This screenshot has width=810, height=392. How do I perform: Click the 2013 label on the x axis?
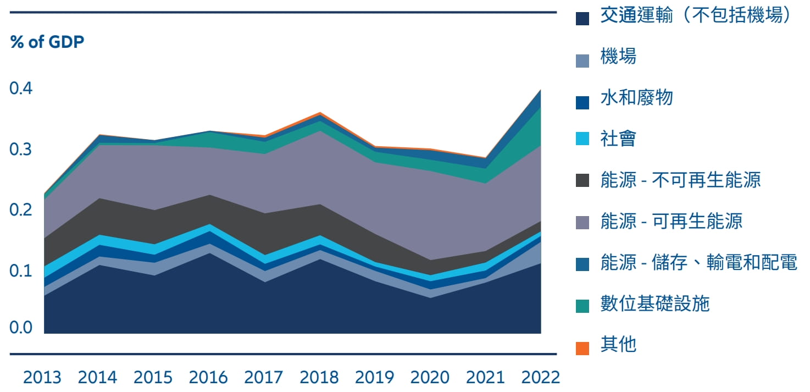[42, 378]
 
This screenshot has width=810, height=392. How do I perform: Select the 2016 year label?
[208, 378]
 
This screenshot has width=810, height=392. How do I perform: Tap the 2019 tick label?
[374, 378]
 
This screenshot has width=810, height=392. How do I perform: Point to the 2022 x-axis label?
[540, 378]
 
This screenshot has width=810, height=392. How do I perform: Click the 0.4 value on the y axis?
[21, 88]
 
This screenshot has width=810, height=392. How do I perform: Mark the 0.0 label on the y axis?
[21, 328]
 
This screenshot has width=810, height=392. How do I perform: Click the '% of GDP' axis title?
[47, 42]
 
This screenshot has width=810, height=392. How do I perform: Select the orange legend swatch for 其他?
[582, 348]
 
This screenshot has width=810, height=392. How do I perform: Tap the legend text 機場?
[618, 57]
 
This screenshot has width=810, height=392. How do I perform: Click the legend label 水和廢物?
[636, 98]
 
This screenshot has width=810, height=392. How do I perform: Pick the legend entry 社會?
[618, 139]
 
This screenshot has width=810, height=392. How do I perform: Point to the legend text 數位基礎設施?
[655, 303]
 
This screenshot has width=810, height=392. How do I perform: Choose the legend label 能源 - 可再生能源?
[672, 221]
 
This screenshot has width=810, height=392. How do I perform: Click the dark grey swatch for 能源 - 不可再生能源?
[582, 180]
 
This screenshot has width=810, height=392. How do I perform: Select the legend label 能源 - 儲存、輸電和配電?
[699, 263]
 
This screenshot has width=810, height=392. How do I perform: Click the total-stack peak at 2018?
[320, 113]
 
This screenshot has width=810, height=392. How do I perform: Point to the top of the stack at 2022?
[541, 90]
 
